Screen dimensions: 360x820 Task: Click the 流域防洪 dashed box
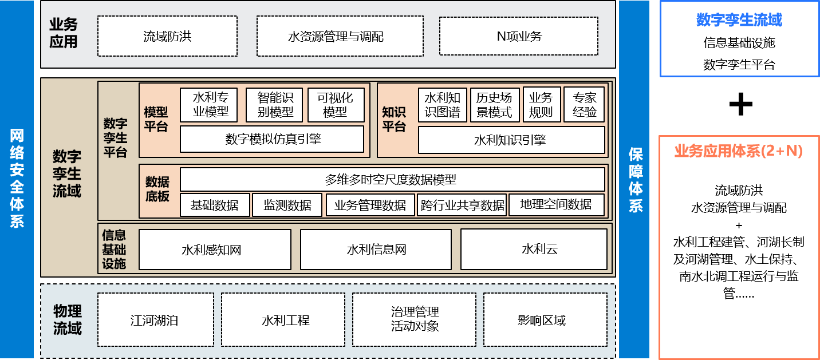click(167, 37)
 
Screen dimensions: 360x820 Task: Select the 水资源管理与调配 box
click(336, 37)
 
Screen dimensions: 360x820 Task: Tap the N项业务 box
click(519, 37)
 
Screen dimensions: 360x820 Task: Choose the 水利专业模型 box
click(208, 105)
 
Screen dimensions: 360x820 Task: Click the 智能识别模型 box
click(274, 105)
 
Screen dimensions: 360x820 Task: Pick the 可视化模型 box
click(336, 105)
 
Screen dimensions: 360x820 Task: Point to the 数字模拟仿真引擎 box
click(272, 139)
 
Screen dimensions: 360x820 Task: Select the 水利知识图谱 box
click(443, 105)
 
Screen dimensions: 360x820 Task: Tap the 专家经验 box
click(584, 105)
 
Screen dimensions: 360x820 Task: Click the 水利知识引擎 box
click(511, 140)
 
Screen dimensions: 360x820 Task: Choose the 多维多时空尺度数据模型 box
click(392, 179)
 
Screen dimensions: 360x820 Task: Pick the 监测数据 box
click(287, 205)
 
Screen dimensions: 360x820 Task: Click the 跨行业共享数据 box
click(462, 205)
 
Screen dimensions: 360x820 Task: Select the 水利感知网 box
click(215, 250)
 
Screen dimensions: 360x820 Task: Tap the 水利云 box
click(534, 250)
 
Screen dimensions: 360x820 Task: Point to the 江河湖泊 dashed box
click(155, 320)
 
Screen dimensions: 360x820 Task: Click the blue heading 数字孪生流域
click(739, 20)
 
